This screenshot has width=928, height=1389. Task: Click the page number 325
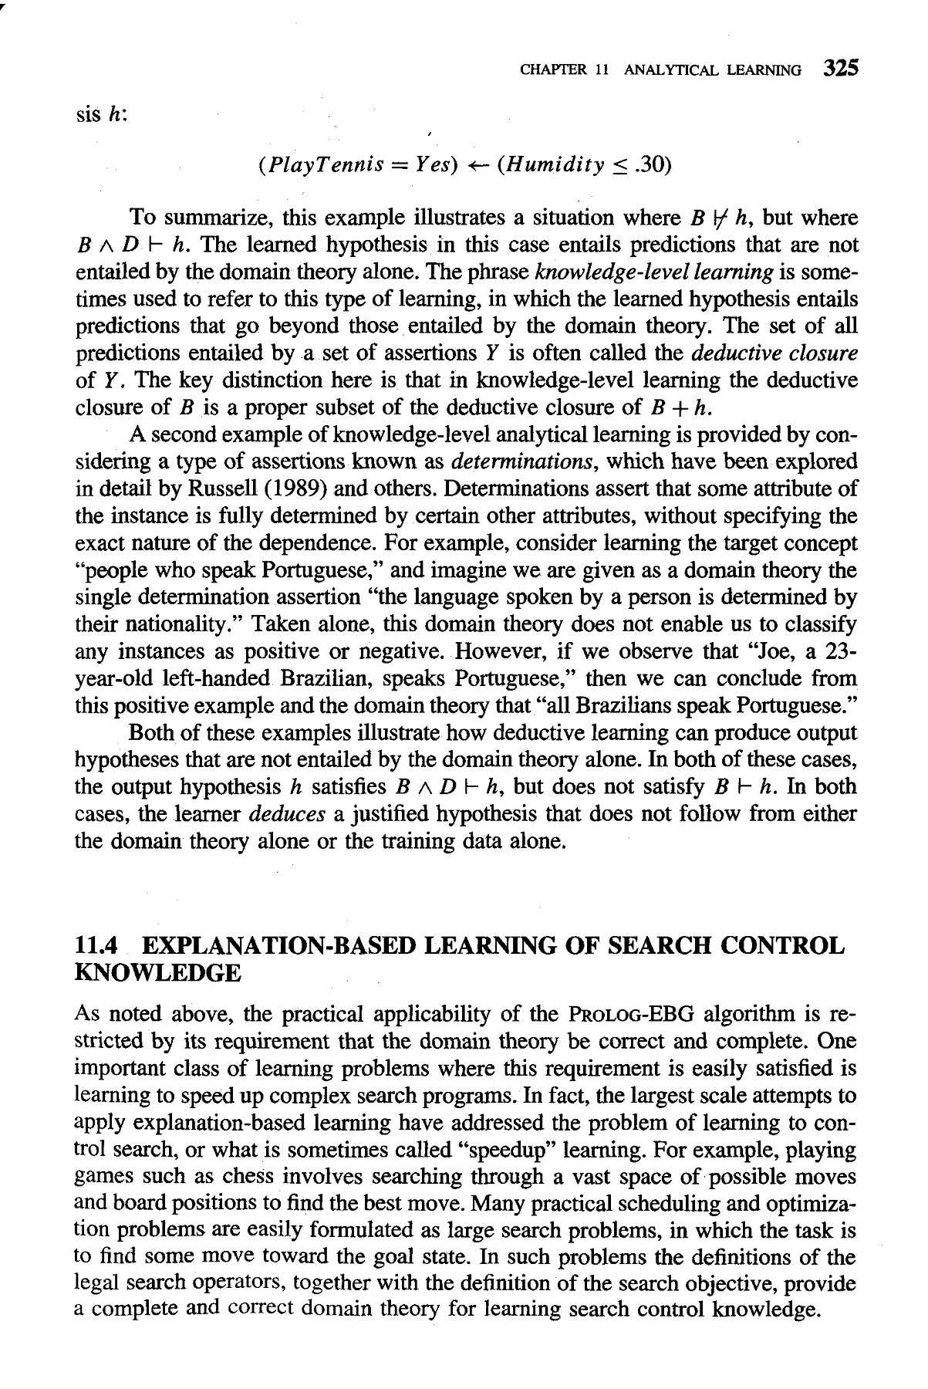(x=840, y=69)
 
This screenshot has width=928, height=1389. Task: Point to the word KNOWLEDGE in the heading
(x=157, y=973)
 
